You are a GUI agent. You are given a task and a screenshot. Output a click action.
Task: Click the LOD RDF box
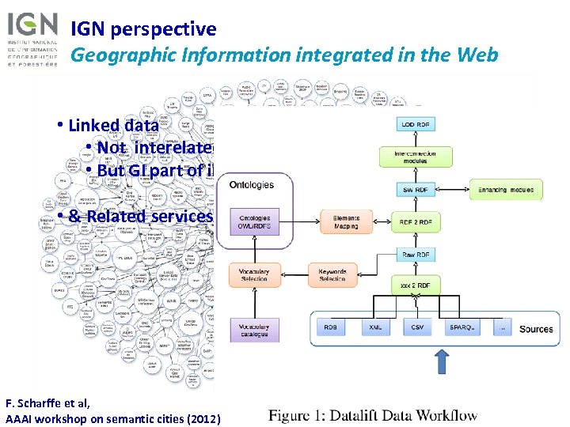416,124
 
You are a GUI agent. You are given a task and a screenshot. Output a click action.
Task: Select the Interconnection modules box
416,157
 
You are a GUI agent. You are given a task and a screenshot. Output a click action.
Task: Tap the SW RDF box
416,190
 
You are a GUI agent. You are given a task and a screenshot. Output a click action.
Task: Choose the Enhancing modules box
506,190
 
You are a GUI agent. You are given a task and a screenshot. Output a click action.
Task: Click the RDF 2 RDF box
416,222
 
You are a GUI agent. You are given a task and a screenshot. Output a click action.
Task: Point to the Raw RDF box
416,255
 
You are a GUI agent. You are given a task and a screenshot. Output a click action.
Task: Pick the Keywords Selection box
332,274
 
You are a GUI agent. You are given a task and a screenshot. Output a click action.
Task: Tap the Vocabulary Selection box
254,274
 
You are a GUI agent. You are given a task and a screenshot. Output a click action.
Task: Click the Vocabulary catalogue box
254,328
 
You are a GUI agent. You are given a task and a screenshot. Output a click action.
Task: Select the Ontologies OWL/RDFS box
254,222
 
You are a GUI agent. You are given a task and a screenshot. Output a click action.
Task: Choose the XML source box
375,326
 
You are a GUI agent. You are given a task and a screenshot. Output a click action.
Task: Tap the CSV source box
417,326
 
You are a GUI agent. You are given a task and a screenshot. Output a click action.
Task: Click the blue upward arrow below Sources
442,365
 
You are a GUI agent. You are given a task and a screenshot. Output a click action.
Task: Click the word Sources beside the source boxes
536,328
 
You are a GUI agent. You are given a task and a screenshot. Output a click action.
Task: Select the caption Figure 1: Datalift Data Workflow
373,414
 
